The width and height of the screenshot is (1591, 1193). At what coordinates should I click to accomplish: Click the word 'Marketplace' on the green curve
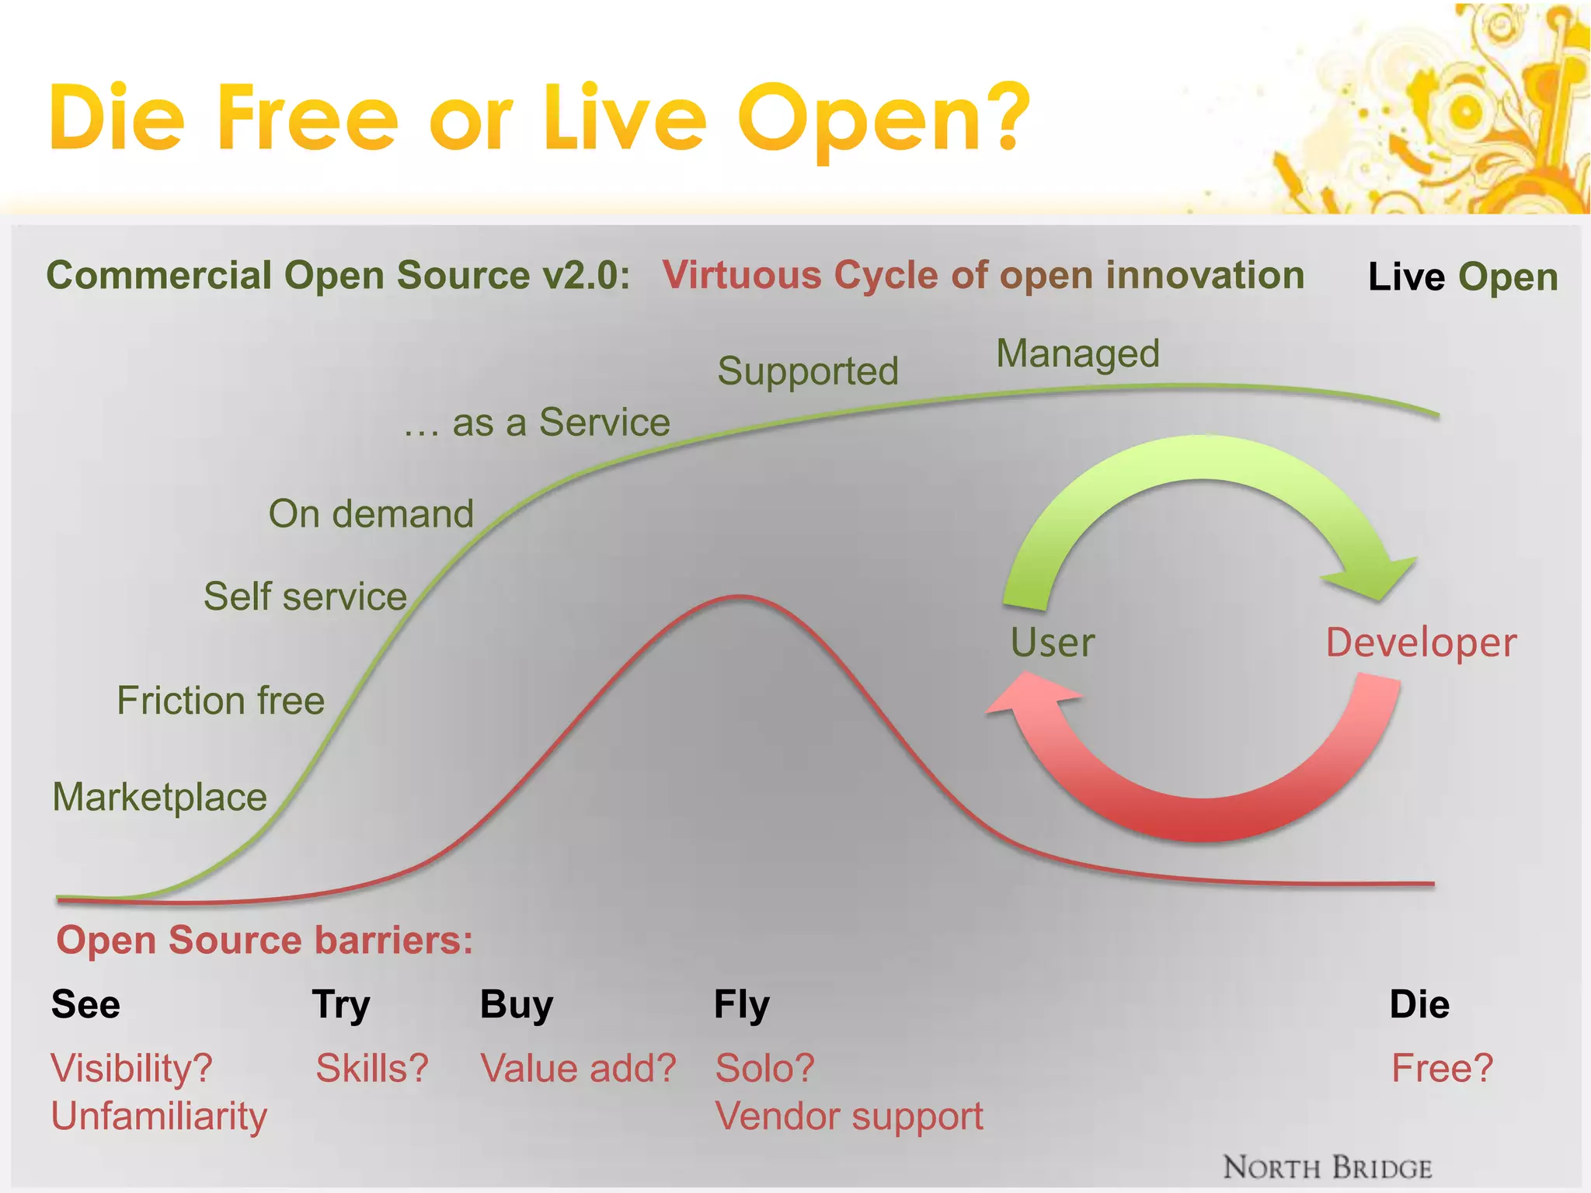[x=160, y=797]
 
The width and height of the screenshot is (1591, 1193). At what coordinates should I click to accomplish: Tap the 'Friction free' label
[x=221, y=701]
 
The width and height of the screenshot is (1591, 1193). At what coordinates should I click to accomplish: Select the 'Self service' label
[x=305, y=596]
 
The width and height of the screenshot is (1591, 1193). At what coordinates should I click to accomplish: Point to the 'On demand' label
[x=371, y=514]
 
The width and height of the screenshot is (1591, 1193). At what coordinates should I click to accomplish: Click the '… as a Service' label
[x=537, y=423]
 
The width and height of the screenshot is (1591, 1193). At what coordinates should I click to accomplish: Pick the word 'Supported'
[x=808, y=371]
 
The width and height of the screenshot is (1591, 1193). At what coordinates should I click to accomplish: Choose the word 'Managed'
[x=1078, y=354]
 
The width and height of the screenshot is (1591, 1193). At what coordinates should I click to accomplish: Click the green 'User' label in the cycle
[x=1053, y=643]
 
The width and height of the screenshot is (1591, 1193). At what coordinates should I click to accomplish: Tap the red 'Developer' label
[x=1421, y=643]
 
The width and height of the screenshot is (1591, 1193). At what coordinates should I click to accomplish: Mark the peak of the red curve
[x=742, y=596]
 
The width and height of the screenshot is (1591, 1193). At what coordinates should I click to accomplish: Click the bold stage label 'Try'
[x=341, y=1005]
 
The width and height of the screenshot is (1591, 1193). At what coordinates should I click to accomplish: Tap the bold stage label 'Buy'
[x=517, y=1004]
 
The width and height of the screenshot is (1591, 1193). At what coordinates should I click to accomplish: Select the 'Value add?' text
[x=579, y=1069]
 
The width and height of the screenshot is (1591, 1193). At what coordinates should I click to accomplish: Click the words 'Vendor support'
[x=849, y=1117]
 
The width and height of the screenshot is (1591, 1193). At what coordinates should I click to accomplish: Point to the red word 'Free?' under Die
[x=1442, y=1069]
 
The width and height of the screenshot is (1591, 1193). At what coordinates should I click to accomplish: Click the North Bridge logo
[x=1328, y=1168]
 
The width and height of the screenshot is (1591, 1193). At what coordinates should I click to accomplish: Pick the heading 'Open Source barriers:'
[x=265, y=941]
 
